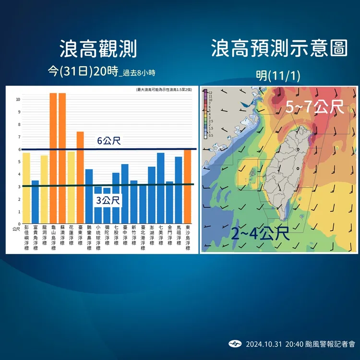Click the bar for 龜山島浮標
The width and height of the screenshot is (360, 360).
pyautogui.click(x=53, y=158)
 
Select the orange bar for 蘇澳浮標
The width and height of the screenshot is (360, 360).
pyautogui.click(x=62, y=158)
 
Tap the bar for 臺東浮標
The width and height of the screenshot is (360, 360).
pyautogui.click(x=80, y=178)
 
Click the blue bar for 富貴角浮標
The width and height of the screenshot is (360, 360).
pyautogui.click(x=35, y=202)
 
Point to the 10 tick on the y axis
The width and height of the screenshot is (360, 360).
pyautogui.click(x=18, y=100)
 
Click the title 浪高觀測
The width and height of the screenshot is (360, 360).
pyautogui.click(x=98, y=49)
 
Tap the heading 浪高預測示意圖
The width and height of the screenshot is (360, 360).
pyautogui.click(x=279, y=49)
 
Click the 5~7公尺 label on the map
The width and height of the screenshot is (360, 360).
pyautogui.click(x=315, y=108)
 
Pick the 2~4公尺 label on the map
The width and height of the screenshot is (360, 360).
pyautogui.click(x=260, y=234)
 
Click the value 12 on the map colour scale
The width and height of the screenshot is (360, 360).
pyautogui.click(x=210, y=91)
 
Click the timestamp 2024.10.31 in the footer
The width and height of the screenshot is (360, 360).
pyautogui.click(x=263, y=344)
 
